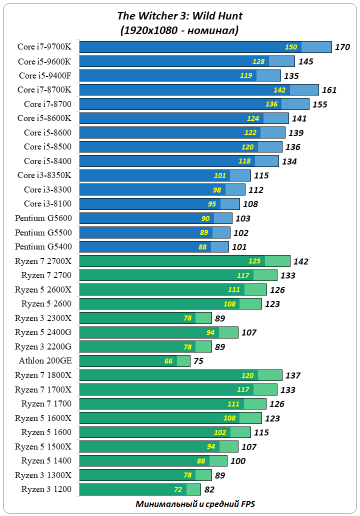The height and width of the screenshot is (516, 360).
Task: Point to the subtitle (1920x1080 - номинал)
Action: coord(179,30)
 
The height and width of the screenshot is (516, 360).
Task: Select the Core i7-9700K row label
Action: coord(44,47)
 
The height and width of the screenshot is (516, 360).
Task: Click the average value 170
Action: coord(342,47)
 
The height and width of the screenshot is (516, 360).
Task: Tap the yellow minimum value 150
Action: coord(291,47)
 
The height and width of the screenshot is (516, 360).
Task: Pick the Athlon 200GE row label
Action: coord(45,360)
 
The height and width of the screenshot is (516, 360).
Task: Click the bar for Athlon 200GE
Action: coord(134,361)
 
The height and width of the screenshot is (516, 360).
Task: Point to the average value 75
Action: coord(198,361)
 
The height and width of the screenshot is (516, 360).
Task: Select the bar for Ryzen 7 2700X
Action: coord(184,261)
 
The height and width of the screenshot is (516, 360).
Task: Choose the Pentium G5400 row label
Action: coord(43,246)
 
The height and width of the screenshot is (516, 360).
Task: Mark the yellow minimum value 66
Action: coord(168,361)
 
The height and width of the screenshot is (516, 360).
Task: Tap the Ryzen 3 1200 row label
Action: coord(46,489)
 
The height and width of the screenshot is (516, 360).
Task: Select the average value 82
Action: coord(209,489)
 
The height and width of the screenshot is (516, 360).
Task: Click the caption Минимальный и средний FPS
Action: coord(195,504)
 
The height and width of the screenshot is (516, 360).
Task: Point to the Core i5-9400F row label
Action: coord(45,75)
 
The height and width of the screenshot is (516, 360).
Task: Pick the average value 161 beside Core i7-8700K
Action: coord(329,90)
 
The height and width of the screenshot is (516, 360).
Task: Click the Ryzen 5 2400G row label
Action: coord(43,332)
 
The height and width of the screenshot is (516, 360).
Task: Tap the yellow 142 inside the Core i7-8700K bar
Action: coord(279,90)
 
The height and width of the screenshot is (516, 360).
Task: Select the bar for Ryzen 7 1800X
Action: coord(181,375)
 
